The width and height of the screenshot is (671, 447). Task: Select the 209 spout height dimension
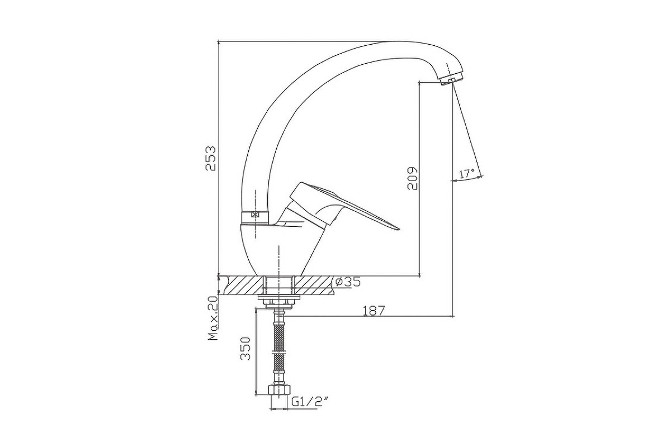pyautogui.click(x=412, y=178)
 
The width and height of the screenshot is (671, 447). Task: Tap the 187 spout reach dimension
pyautogui.click(x=374, y=311)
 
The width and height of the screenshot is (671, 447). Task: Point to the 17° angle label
pyautogui.click(x=467, y=173)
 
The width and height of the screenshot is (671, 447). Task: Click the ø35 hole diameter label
pyautogui.click(x=348, y=282)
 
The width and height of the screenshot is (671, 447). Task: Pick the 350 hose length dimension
pyautogui.click(x=245, y=349)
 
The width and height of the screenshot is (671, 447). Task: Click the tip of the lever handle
pyautogui.click(x=400, y=229)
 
